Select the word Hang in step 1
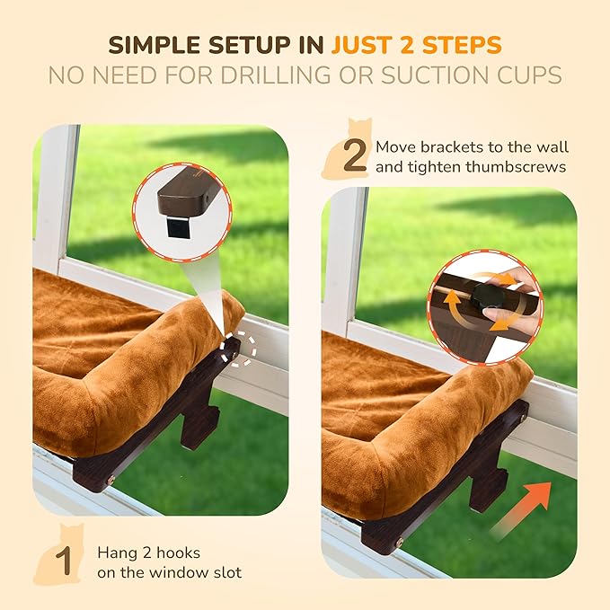pyautogui.click(x=116, y=553)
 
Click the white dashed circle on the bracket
pyautogui.click(x=238, y=349)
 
